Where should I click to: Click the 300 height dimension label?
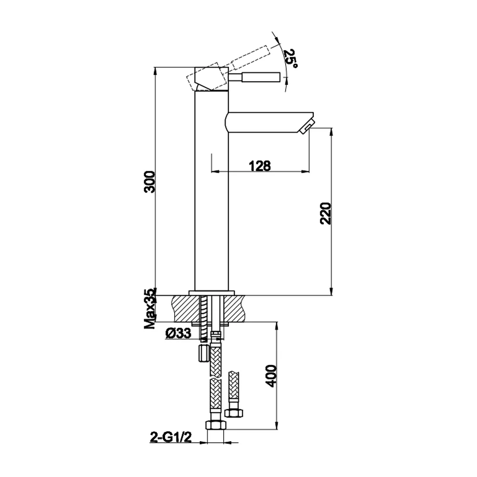click(x=150, y=182)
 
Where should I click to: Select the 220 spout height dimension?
click(x=325, y=213)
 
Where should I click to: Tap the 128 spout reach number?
click(x=259, y=166)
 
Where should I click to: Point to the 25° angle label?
click(x=290, y=58)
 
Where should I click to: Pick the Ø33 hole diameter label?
click(x=178, y=333)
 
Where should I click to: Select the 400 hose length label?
click(x=271, y=376)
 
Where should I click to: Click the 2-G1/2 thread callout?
click(x=171, y=437)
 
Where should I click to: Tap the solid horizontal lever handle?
click(x=254, y=77)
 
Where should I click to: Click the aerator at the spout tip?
click(x=307, y=128)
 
